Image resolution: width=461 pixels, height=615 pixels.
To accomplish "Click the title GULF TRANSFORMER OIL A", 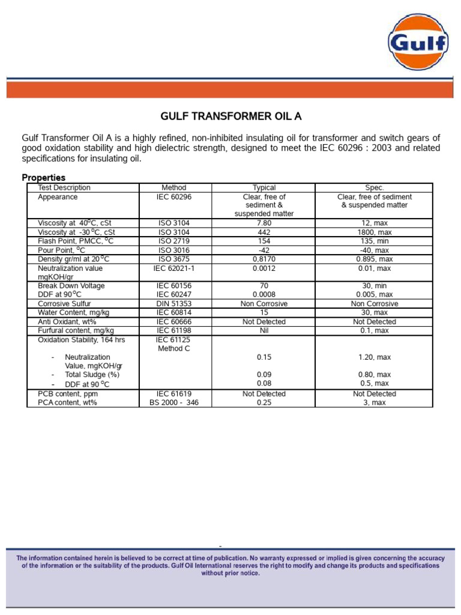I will pos(230,117).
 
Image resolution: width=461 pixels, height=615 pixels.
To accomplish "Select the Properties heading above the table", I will pos(44,178).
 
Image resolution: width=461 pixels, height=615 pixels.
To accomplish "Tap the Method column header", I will pos(174,188).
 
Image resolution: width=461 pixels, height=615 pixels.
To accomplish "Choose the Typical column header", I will pos(264,188).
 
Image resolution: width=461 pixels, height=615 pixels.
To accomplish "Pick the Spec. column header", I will pos(374,188).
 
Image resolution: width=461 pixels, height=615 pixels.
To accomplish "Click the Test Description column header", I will pos(64,188).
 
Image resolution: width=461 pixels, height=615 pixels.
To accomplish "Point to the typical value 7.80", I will pos(264,223).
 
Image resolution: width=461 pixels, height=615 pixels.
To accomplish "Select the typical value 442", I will pos(264,232).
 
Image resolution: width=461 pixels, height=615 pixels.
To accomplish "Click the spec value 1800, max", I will pos(374,232).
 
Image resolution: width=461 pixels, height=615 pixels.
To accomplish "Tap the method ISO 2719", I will pos(174,241).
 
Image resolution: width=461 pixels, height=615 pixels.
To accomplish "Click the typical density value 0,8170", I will pos(264,259).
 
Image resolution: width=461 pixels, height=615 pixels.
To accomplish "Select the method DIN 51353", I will pos(174,304).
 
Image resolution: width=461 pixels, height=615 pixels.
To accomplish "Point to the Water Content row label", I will pos(68,312).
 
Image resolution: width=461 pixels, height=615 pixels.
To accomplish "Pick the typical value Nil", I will pos(264,330).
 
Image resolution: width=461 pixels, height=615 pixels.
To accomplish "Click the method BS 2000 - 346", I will pos(174,402).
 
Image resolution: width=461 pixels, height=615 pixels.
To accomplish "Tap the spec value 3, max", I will pos(374,402).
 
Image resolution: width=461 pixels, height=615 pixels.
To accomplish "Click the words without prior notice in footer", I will pos(230,573).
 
